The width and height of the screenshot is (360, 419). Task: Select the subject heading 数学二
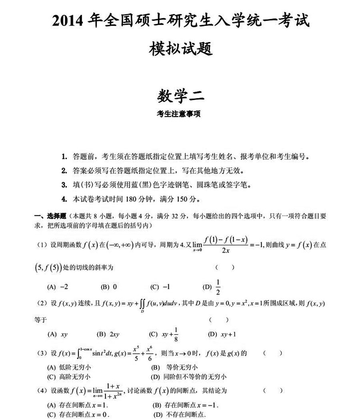[180, 96]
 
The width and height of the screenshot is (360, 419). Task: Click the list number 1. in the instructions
[64, 156]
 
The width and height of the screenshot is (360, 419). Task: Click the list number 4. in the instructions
[64, 198]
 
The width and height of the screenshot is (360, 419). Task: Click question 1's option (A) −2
[58, 287]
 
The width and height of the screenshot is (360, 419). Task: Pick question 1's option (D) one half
[213, 287]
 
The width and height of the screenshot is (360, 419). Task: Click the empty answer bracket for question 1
[224, 267]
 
